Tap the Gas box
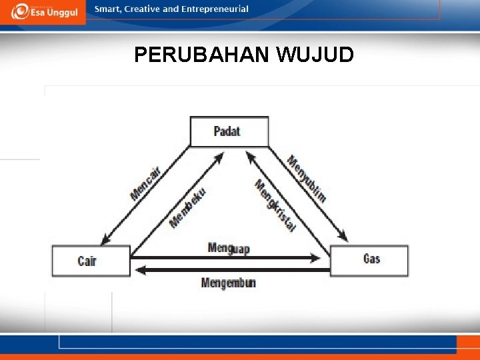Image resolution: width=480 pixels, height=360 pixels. click(x=369, y=259)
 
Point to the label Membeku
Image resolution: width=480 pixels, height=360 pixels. click(x=187, y=207)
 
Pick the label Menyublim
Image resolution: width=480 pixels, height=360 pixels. click(x=307, y=178)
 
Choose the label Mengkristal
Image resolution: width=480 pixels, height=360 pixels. click(x=275, y=206)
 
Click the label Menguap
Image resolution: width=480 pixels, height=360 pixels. click(x=229, y=248)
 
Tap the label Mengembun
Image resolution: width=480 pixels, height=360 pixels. click(x=229, y=283)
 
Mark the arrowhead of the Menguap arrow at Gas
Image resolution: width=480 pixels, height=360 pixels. click(x=323, y=257)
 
